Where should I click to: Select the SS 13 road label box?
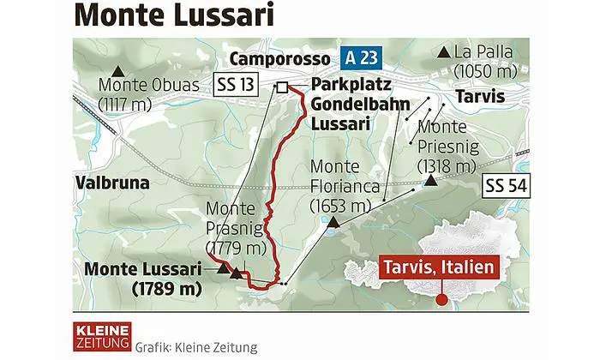237,85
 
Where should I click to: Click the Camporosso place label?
280,59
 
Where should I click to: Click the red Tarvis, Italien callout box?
438,268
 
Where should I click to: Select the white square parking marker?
281,86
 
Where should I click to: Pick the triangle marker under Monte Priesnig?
429,181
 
